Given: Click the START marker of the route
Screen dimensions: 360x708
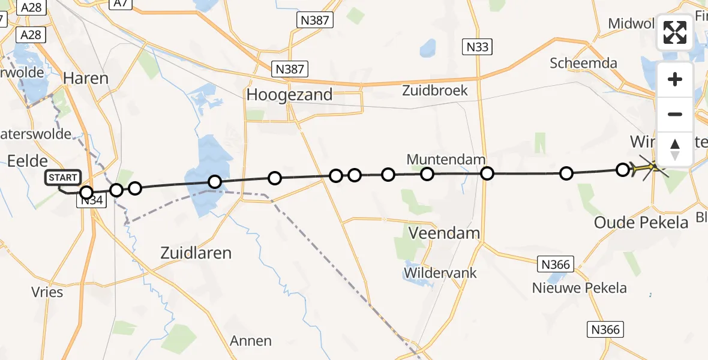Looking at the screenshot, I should [x=63, y=178].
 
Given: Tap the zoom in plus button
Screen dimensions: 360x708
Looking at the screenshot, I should [x=675, y=79].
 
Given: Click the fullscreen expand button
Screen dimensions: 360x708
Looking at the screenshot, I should [x=675, y=32].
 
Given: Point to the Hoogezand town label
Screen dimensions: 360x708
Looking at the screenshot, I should [x=289, y=94].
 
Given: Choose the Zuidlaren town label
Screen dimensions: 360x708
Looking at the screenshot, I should [x=196, y=253].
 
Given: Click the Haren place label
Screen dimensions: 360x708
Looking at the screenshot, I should [x=86, y=78].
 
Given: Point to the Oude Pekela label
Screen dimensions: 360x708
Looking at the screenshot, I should [x=641, y=223].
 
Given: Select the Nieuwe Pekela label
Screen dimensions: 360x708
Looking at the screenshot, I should [x=579, y=288].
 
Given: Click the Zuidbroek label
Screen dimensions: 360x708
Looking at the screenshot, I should [x=435, y=91].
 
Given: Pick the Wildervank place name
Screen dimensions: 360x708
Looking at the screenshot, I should [x=440, y=273].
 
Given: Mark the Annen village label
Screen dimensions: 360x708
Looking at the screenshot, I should [x=251, y=341].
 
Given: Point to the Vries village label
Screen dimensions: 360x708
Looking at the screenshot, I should [x=46, y=292].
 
